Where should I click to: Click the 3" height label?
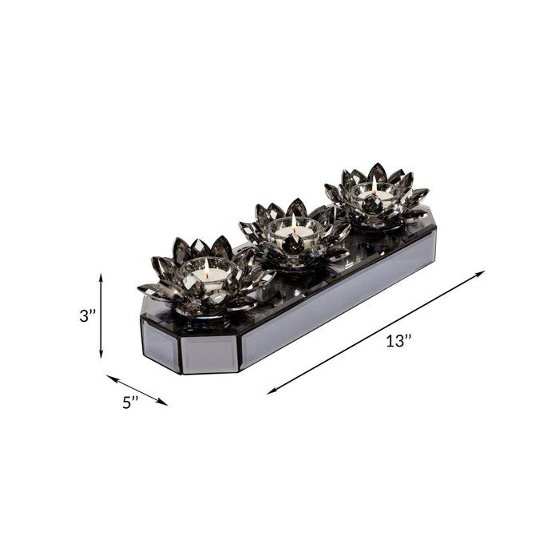tap(88, 315)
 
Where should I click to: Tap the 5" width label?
tap(131, 402)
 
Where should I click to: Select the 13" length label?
tap(398, 341)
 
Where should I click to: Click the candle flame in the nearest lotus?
tap(207, 266)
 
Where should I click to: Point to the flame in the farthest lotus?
tap(373, 184)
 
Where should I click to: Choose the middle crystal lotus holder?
tap(294, 232)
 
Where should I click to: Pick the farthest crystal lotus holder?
tap(375, 196)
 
